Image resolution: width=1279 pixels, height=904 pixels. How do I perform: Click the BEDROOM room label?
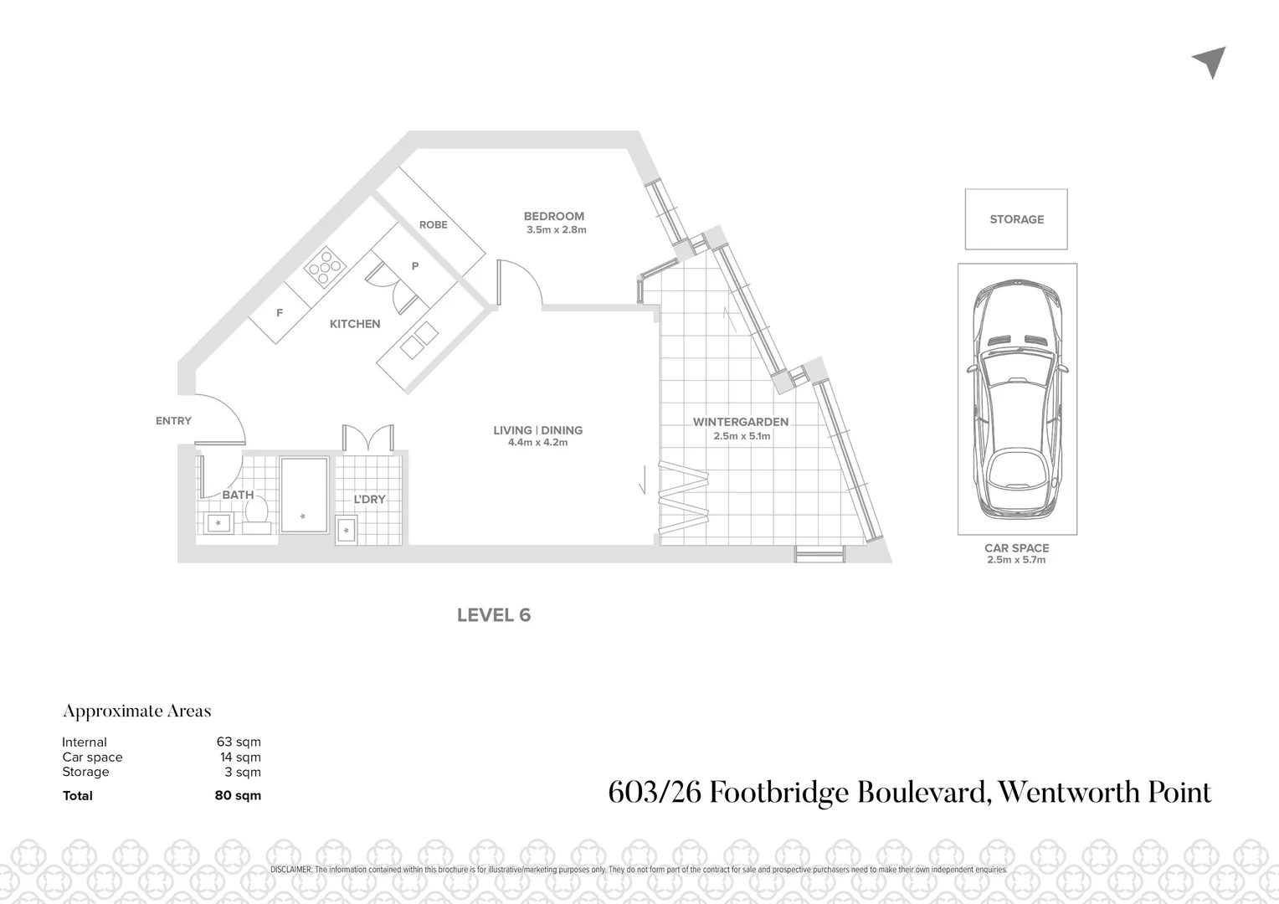[x=553, y=216]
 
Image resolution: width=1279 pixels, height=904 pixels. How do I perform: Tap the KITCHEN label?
[x=355, y=324]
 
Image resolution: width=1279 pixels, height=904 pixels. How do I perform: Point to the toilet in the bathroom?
[x=257, y=515]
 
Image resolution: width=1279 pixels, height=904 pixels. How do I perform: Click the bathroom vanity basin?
[x=219, y=524]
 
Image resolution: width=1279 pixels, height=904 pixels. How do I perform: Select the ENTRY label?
[x=173, y=421]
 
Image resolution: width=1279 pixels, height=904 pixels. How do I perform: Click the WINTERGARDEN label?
[x=741, y=422]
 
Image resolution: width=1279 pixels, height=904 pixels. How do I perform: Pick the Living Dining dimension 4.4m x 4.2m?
[x=537, y=443]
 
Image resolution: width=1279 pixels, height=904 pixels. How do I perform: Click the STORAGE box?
[x=1016, y=219]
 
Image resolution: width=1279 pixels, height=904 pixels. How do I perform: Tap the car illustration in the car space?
[x=1017, y=399]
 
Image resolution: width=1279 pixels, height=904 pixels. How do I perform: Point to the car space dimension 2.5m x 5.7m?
[x=1016, y=560]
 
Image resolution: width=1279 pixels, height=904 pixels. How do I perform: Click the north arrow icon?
[x=1210, y=61]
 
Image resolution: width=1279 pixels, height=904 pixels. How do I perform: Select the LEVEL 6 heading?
[x=494, y=615]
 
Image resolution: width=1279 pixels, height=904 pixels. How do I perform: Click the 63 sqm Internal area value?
[x=239, y=742]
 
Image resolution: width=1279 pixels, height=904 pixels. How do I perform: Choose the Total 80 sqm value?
[x=238, y=795]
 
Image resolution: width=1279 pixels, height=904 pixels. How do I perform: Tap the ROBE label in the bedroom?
[x=433, y=224]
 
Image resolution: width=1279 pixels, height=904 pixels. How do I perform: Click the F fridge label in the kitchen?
[x=280, y=313]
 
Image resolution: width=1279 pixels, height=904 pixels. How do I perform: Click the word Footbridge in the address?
[x=778, y=792]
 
